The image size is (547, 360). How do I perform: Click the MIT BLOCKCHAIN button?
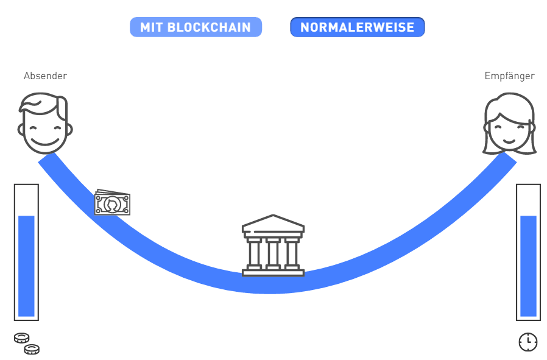(x=196, y=27)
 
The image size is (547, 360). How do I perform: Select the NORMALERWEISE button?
(x=357, y=27)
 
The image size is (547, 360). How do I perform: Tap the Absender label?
(x=45, y=76)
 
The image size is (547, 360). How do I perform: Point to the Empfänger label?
(x=509, y=76)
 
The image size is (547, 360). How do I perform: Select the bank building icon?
(x=273, y=245)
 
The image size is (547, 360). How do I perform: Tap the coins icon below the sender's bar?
(x=27, y=344)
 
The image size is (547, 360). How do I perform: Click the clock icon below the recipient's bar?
(x=528, y=342)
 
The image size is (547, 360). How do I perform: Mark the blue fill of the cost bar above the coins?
(x=26, y=266)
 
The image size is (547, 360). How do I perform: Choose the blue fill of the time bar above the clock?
(x=528, y=266)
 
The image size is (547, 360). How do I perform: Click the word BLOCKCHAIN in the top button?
(x=213, y=27)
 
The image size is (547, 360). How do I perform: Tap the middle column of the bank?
(x=273, y=253)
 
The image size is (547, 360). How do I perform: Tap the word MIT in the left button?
(x=152, y=27)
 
